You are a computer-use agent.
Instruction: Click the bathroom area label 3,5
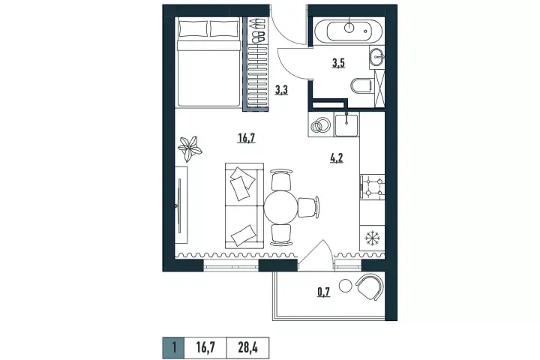pos(338,64)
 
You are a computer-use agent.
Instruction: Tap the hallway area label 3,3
pos(281,90)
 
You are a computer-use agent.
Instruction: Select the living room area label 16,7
pos(247,138)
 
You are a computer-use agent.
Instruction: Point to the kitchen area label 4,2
pos(337,158)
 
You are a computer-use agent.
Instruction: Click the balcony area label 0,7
pos(324,292)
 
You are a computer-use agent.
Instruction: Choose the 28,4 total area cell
pos(247,347)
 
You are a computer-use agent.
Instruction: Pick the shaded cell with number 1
pos(174,347)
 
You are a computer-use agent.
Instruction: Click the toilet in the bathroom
pos(361,85)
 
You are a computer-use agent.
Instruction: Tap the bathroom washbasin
pos(377,56)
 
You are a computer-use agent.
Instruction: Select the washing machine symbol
pos(320,124)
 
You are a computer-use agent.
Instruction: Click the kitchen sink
pos(346,124)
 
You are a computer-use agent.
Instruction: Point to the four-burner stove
pos(372,187)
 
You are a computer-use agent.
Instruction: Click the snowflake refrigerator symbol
pos(372,238)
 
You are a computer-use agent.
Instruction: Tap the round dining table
pos(280,208)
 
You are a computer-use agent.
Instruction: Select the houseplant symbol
pos(190,148)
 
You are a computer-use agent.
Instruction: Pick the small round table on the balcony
pos(345,285)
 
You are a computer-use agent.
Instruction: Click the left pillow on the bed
pos(193,28)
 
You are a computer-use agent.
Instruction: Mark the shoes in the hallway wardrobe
pos(257,30)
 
